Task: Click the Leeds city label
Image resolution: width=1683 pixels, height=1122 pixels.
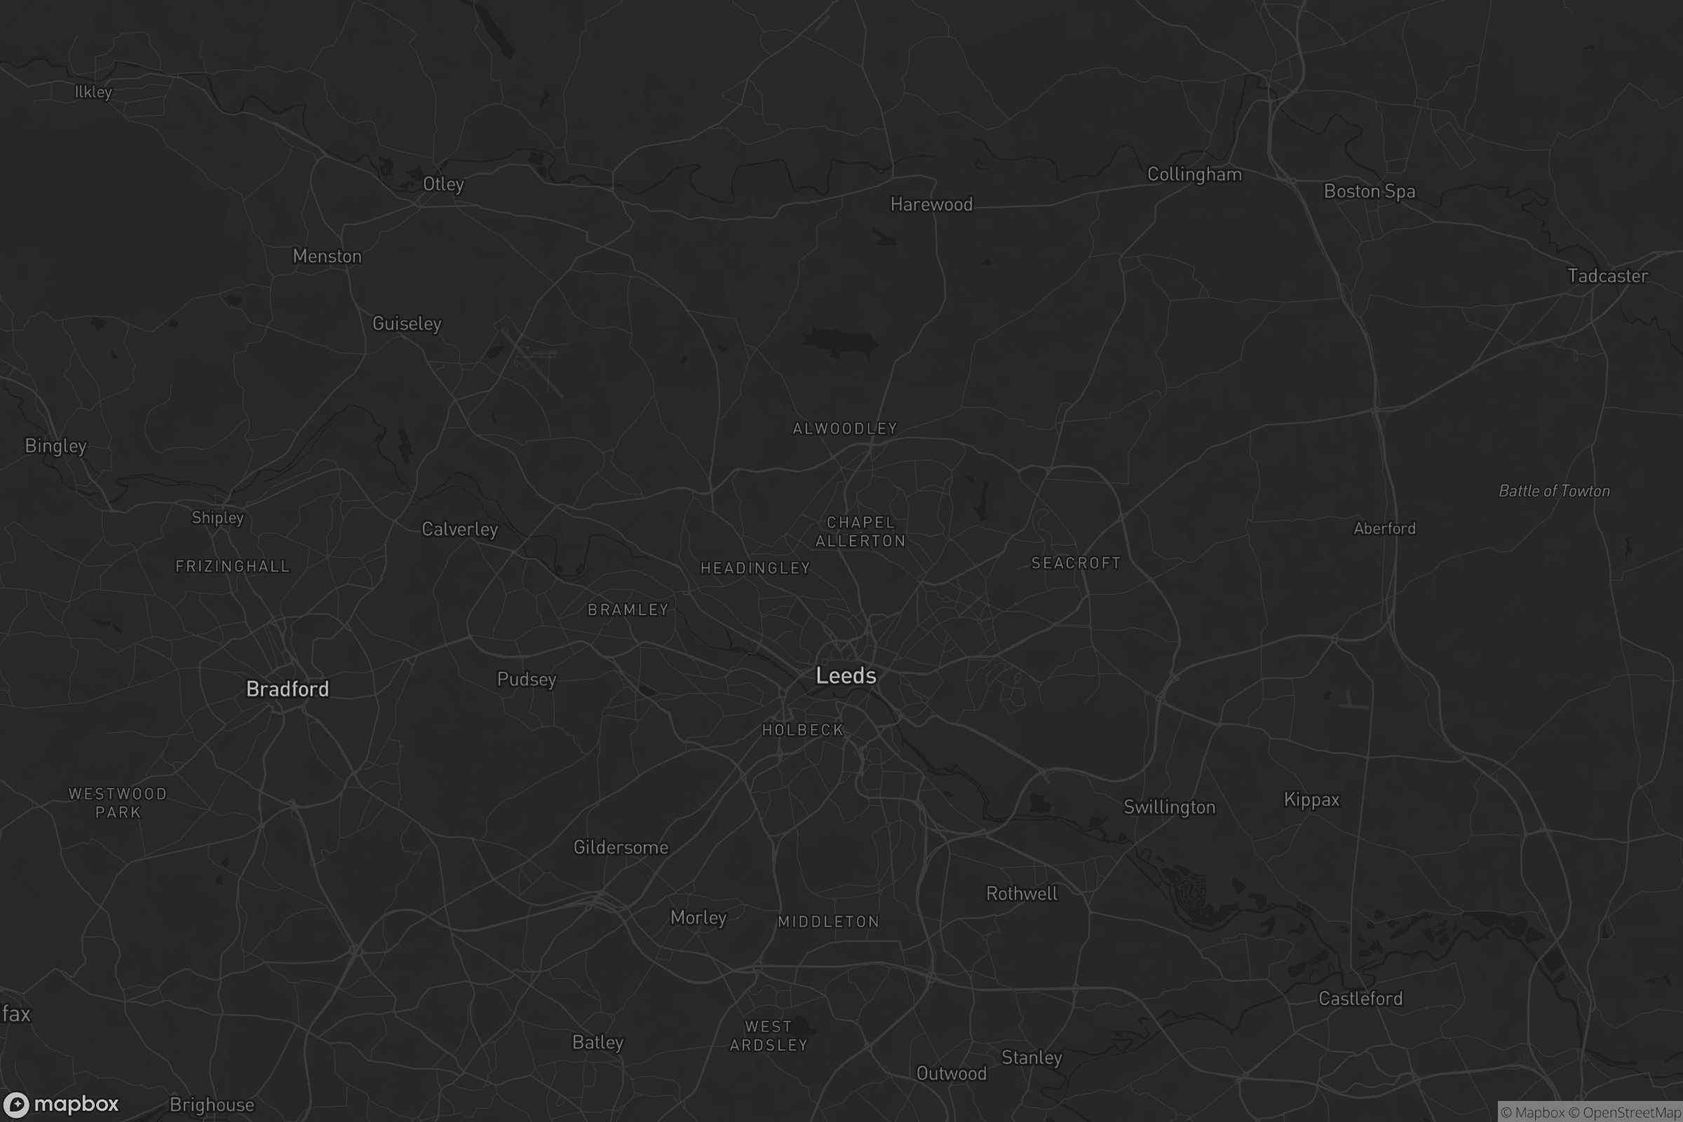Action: point(846,675)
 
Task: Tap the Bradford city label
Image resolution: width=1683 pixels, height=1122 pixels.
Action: point(287,689)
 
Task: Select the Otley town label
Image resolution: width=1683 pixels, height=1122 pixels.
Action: point(443,184)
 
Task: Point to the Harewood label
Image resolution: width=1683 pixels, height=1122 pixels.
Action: point(931,205)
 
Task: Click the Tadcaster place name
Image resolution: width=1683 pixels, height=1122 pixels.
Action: point(1607,276)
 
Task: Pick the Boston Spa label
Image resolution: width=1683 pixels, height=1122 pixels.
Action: point(1369,191)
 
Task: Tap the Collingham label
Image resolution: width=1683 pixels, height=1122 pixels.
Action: point(1194,175)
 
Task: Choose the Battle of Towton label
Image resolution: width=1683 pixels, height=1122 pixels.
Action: point(1554,491)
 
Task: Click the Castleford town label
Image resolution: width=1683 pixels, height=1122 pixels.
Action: point(1360,999)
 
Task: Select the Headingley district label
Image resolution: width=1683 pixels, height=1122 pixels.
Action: point(755,568)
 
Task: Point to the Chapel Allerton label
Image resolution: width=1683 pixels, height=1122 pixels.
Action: point(860,532)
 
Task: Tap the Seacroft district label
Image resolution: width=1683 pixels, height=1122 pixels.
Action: point(1076,563)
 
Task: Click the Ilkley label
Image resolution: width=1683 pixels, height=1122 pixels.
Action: point(93,93)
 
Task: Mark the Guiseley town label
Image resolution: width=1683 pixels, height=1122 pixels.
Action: point(407,323)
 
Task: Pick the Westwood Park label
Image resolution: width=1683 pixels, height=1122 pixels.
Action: point(117,803)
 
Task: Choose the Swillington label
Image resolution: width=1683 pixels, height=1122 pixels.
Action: point(1169,807)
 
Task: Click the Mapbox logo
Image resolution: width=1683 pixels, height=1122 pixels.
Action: point(60,1105)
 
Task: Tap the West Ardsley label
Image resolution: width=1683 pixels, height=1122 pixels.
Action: point(769,1036)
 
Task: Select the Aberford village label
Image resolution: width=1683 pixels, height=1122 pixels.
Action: point(1384,529)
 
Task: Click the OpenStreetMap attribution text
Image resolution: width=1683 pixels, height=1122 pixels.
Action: point(1632,1113)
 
